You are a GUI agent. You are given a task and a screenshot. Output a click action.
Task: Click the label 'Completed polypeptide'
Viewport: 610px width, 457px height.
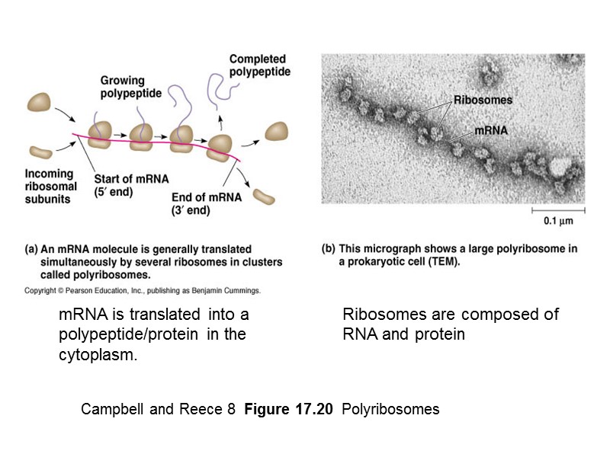coord(258,66)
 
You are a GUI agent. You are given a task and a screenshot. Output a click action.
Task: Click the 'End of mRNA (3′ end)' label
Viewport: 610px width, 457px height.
coord(207,203)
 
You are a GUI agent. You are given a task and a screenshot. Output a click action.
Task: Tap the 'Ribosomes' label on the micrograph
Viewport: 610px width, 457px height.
coord(483,100)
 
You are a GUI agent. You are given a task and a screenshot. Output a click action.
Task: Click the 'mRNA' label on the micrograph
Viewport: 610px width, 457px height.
coord(491,130)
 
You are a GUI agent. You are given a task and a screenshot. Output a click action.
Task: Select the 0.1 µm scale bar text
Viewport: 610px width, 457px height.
coord(557,222)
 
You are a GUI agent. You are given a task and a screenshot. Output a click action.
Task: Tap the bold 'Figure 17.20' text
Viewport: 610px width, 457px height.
coord(290,409)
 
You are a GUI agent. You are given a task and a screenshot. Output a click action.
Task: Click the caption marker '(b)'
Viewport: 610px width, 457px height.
coord(329,249)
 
